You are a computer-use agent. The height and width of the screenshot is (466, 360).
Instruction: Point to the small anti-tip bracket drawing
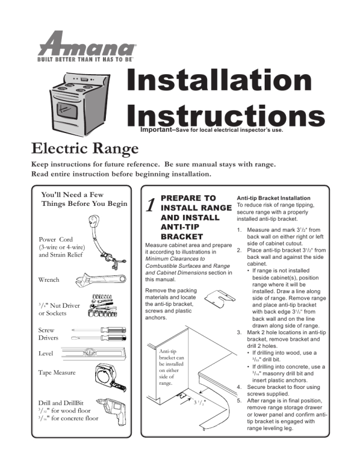pos(218,298)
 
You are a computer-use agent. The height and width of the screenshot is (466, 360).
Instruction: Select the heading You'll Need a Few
pos(75,194)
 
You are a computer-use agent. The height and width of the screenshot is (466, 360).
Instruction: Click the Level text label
pos(46,354)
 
